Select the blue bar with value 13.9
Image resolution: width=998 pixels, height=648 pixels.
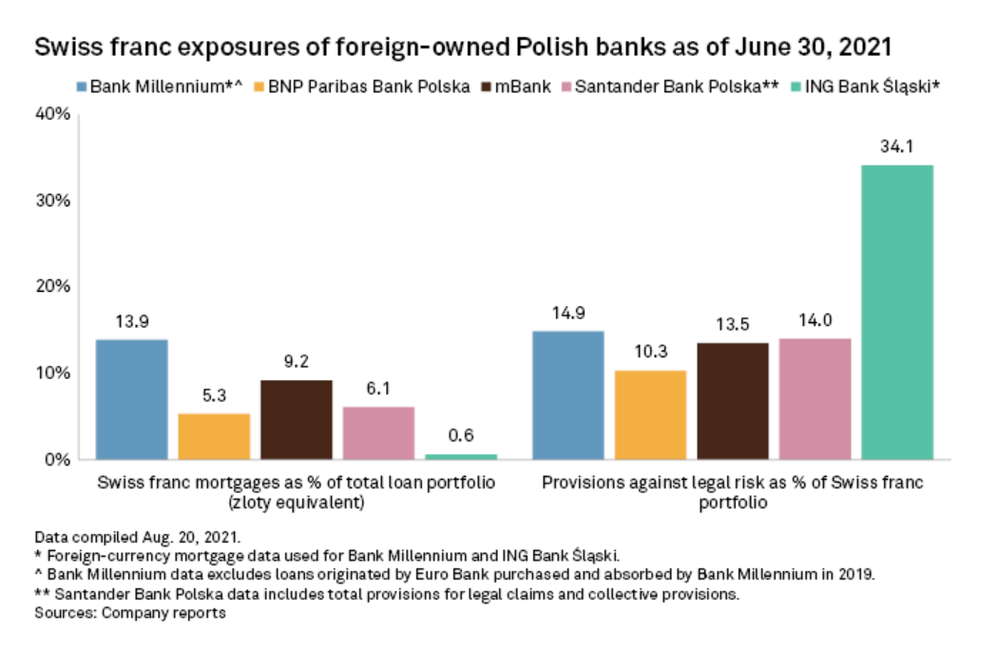pos(131,399)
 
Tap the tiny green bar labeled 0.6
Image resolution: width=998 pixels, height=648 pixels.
pos(460,456)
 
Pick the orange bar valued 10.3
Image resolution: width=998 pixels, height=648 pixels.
pos(650,414)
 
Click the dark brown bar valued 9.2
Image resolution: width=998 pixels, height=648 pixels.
pos(296,419)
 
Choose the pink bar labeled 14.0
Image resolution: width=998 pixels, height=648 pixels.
pos(815,398)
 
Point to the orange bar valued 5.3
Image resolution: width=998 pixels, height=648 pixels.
pos(214,436)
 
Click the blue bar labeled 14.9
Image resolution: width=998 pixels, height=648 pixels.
pos(567,394)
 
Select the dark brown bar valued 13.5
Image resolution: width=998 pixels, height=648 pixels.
pos(733,400)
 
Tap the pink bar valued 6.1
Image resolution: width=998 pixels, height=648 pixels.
pos(378,432)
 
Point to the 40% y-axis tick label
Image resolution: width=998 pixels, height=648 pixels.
pos(52,114)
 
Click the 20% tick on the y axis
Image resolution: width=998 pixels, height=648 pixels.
pos(52,287)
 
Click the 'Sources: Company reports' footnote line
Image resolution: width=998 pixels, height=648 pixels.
pos(129,613)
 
